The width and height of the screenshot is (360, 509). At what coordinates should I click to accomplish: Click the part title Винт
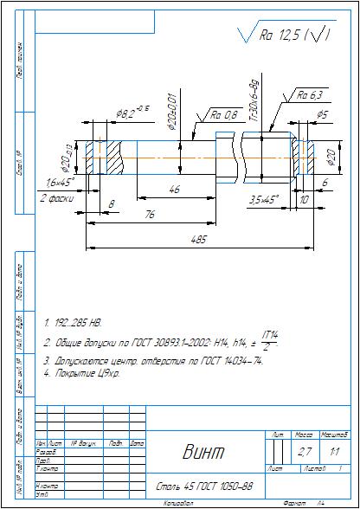(x=203, y=453)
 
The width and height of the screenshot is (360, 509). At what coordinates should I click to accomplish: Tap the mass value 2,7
(x=305, y=452)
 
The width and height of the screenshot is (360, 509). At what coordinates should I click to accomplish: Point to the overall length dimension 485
(x=201, y=241)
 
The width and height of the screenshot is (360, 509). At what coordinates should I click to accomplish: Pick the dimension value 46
(x=174, y=188)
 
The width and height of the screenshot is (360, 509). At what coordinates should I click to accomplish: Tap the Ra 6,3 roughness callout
(x=309, y=94)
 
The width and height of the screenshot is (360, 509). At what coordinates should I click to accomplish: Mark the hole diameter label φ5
(x=321, y=114)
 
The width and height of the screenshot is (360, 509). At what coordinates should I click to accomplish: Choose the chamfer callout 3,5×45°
(x=263, y=198)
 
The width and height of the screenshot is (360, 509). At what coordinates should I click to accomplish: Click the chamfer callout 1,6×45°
(x=60, y=182)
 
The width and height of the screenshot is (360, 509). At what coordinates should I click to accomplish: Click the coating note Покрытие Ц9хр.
(x=82, y=373)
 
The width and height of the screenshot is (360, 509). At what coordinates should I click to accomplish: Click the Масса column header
(x=305, y=434)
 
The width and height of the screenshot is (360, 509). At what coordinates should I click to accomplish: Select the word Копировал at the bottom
(x=177, y=502)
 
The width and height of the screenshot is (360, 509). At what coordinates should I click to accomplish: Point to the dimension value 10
(x=303, y=198)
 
